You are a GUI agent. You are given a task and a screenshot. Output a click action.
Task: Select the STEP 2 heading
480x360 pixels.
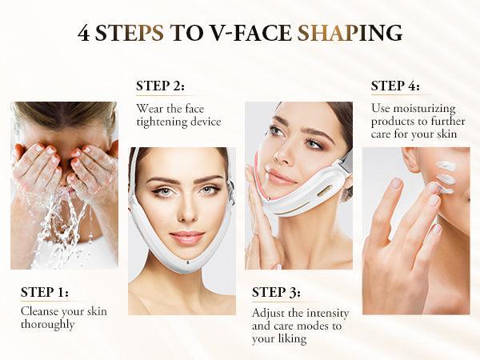tap(160, 86)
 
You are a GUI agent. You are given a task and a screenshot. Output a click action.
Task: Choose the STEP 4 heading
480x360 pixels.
tap(395, 86)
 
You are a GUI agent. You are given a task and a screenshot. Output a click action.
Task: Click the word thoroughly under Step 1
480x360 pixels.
tap(50, 325)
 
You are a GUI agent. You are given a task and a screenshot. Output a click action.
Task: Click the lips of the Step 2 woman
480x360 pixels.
tap(186, 237)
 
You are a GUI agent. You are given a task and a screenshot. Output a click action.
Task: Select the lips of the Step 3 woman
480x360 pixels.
tap(281, 177)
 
